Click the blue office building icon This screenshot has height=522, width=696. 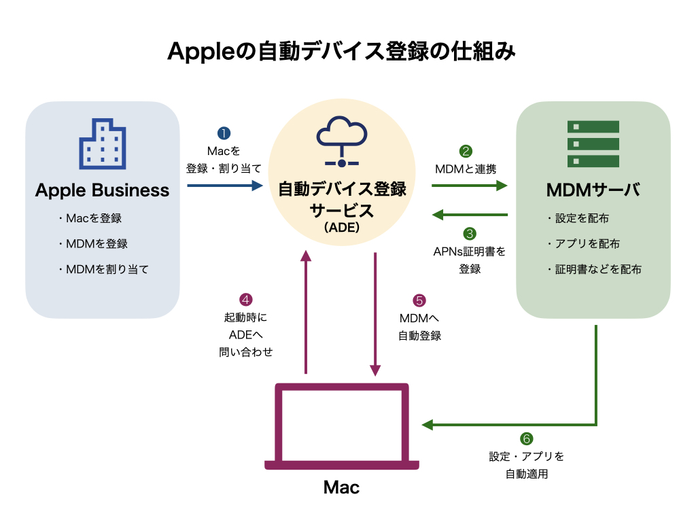(103, 144)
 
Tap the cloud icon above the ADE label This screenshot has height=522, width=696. (342, 141)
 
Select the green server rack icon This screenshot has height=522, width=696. (593, 144)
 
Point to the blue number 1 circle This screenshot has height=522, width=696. (224, 133)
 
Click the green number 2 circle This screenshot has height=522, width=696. (466, 152)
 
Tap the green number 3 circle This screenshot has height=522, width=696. (470, 234)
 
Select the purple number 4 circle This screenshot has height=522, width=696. (245, 300)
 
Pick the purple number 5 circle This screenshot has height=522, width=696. (419, 300)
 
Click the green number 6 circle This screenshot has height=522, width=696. (527, 439)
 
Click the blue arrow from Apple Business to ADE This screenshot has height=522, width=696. (225, 186)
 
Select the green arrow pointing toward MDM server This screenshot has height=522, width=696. (470, 186)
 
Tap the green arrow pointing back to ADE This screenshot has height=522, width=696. (470, 215)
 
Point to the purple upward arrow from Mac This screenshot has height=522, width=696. (306, 312)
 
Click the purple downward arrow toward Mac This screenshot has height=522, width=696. (375, 315)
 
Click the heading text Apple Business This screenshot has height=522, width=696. (102, 190)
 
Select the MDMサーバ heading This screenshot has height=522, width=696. (593, 190)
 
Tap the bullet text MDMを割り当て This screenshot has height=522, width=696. (107, 269)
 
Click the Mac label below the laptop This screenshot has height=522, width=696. (341, 487)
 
